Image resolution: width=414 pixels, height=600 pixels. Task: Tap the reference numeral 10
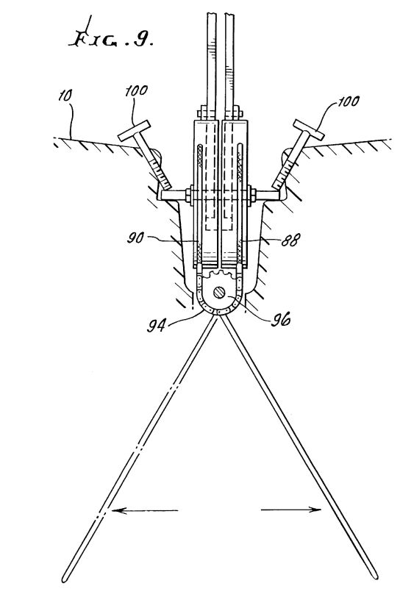[65, 96]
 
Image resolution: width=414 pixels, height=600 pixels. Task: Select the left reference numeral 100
[136, 90]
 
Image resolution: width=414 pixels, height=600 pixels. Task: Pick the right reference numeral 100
[349, 101]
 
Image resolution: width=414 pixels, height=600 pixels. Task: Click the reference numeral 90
[135, 238]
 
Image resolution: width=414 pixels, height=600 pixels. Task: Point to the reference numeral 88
[290, 240]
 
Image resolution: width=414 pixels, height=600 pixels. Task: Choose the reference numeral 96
[280, 320]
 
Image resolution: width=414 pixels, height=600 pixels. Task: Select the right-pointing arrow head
[315, 509]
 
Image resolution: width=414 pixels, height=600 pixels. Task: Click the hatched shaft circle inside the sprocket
[220, 293]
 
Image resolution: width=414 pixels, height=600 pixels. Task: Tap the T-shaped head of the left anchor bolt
[135, 131]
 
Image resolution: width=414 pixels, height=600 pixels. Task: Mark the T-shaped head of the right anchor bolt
[309, 129]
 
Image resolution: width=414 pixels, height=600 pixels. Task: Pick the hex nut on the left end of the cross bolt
[189, 195]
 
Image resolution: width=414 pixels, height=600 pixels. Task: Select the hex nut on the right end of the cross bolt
[252, 195]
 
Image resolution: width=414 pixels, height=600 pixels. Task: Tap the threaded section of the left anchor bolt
[160, 173]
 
